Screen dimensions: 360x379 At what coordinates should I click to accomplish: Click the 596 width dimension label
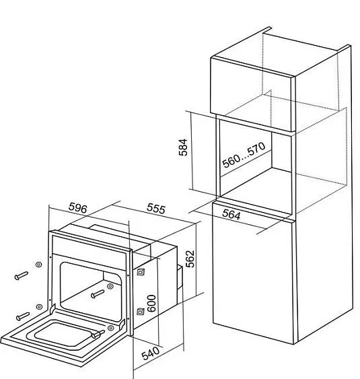[x=77, y=208]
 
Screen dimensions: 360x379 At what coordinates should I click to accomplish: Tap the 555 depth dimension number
[x=156, y=209]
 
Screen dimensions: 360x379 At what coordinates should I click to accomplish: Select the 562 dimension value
[x=190, y=259]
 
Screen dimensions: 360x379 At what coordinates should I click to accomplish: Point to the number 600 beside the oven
[x=151, y=304]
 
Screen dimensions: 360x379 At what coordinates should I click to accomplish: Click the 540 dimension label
[x=151, y=353]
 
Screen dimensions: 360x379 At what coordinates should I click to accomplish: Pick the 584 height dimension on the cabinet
[x=183, y=147]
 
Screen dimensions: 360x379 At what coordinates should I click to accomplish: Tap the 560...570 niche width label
[x=244, y=155]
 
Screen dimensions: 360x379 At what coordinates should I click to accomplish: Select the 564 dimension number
[x=231, y=214]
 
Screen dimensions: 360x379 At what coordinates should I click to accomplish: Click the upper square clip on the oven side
[x=141, y=272]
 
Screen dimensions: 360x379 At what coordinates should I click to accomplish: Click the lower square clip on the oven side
[x=141, y=312]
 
